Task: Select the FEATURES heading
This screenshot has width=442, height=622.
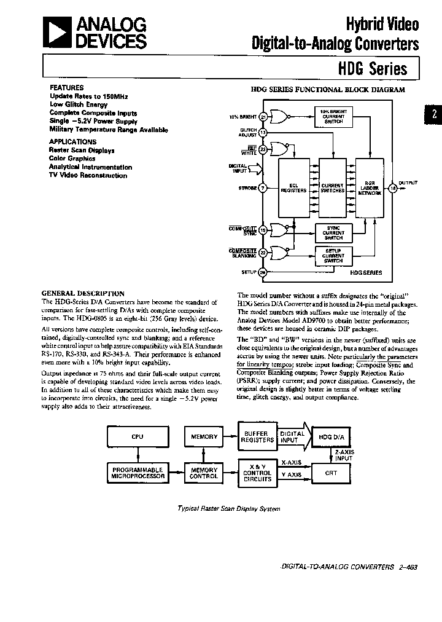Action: (x=66, y=88)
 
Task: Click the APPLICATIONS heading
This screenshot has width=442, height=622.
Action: (x=72, y=141)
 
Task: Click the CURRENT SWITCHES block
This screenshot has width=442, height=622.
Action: (x=332, y=188)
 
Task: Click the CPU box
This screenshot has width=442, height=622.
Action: (x=137, y=437)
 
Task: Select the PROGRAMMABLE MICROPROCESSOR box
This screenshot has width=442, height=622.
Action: (x=137, y=472)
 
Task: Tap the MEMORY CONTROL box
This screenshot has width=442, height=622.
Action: (x=204, y=472)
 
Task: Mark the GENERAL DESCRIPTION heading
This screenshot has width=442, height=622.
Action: (x=82, y=294)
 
